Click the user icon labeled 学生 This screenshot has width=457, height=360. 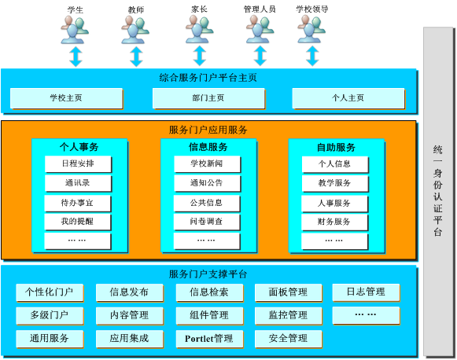coord(75,30)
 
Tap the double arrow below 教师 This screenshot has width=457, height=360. coord(136,57)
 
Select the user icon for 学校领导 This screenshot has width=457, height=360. coord(311,29)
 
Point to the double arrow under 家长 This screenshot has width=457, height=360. coord(200,56)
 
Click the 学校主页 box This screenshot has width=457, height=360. coord(66,98)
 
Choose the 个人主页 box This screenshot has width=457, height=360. coord(348,98)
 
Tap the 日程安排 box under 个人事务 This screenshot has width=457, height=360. coord(78,164)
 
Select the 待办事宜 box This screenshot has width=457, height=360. coord(78,203)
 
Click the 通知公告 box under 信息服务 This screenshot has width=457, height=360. coord(207,183)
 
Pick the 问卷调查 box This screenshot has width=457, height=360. coord(207,222)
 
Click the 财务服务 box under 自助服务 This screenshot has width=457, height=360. coord(334,222)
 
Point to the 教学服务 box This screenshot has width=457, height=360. coord(335,183)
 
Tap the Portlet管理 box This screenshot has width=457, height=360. coord(209,339)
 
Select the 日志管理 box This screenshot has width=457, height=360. coord(366,292)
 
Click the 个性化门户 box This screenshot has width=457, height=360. coord(50,292)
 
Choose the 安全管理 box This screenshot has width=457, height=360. coord(288,339)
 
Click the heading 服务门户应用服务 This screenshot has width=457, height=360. coord(208,130)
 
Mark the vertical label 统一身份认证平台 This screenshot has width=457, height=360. coord(438,191)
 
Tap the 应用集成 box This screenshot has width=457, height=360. coord(130,339)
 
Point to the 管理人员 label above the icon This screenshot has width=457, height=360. coord(260,9)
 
